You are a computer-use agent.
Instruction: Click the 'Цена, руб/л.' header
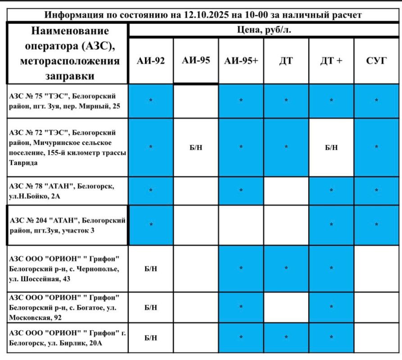tap(264, 31)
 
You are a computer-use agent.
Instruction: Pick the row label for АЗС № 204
tap(68, 225)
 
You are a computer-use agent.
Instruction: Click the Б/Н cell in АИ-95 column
tap(196, 148)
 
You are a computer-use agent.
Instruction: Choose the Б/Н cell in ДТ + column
tap(331, 148)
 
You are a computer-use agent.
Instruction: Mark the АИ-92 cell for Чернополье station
tap(151, 269)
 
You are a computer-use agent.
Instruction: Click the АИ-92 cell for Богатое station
tap(151, 307)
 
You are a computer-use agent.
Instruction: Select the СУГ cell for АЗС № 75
tap(376, 101)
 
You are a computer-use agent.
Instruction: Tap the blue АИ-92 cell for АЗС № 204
tap(151, 225)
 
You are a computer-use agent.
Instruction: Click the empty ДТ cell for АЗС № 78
tap(286, 190)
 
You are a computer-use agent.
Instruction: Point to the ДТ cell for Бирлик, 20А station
tap(286, 337)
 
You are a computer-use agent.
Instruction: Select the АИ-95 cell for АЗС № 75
tap(196, 101)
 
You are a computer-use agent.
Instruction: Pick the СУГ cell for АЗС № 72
tap(376, 148)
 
